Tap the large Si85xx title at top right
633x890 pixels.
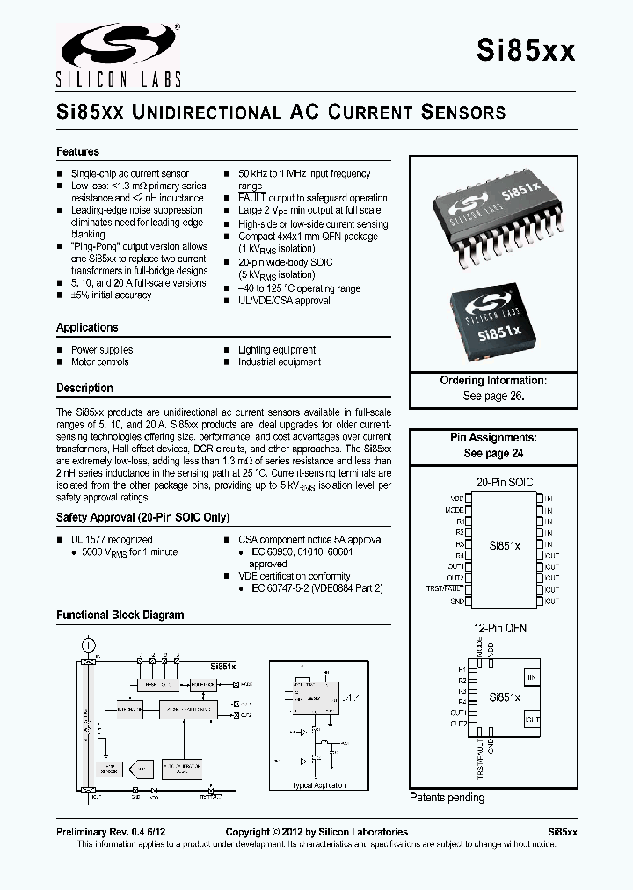coord(526,50)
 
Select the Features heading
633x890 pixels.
coord(77,151)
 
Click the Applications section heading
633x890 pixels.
coord(87,327)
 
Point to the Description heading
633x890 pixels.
coord(84,388)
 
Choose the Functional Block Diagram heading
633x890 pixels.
coord(120,615)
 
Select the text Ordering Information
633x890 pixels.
coord(493,381)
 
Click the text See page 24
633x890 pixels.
coord(493,453)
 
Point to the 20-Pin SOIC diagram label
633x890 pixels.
coord(505,483)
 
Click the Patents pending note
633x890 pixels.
coord(447,798)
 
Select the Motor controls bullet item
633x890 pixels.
coord(99,361)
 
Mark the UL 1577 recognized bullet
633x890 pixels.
coord(111,539)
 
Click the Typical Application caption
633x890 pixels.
coord(318,784)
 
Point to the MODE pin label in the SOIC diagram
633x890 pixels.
coord(455,510)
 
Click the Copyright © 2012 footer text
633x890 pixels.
coord(316,832)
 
